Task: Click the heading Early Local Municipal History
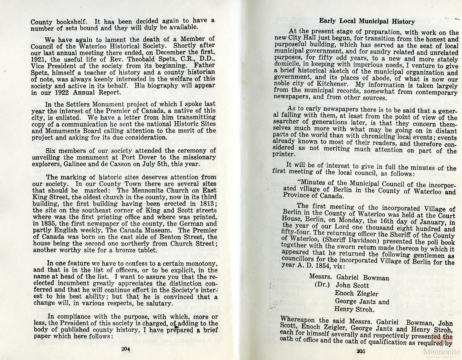click(x=367, y=21)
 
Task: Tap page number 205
click(x=361, y=351)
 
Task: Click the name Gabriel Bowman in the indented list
click(x=362, y=278)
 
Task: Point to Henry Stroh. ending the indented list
click(x=354, y=309)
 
